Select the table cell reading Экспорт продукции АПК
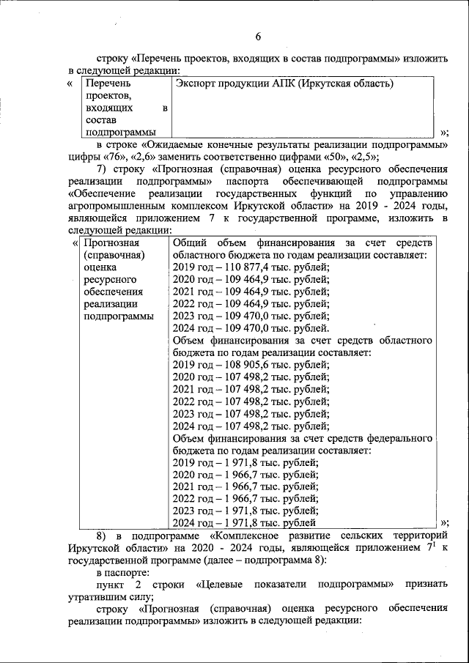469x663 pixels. coord(284,84)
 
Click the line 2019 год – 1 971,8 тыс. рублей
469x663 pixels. coord(245,462)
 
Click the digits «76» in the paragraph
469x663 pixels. coord(112,156)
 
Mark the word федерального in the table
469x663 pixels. coord(403,438)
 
